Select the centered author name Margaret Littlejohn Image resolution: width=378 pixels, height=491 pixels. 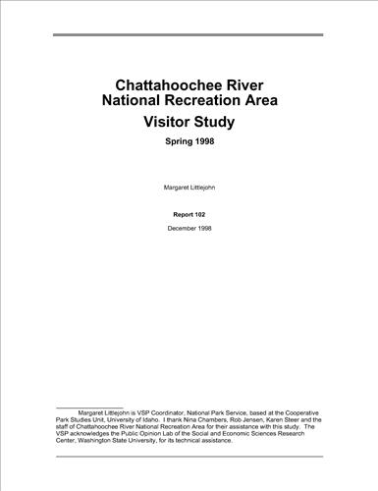(x=189, y=186)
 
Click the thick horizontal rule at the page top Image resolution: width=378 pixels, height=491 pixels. (x=188, y=34)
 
